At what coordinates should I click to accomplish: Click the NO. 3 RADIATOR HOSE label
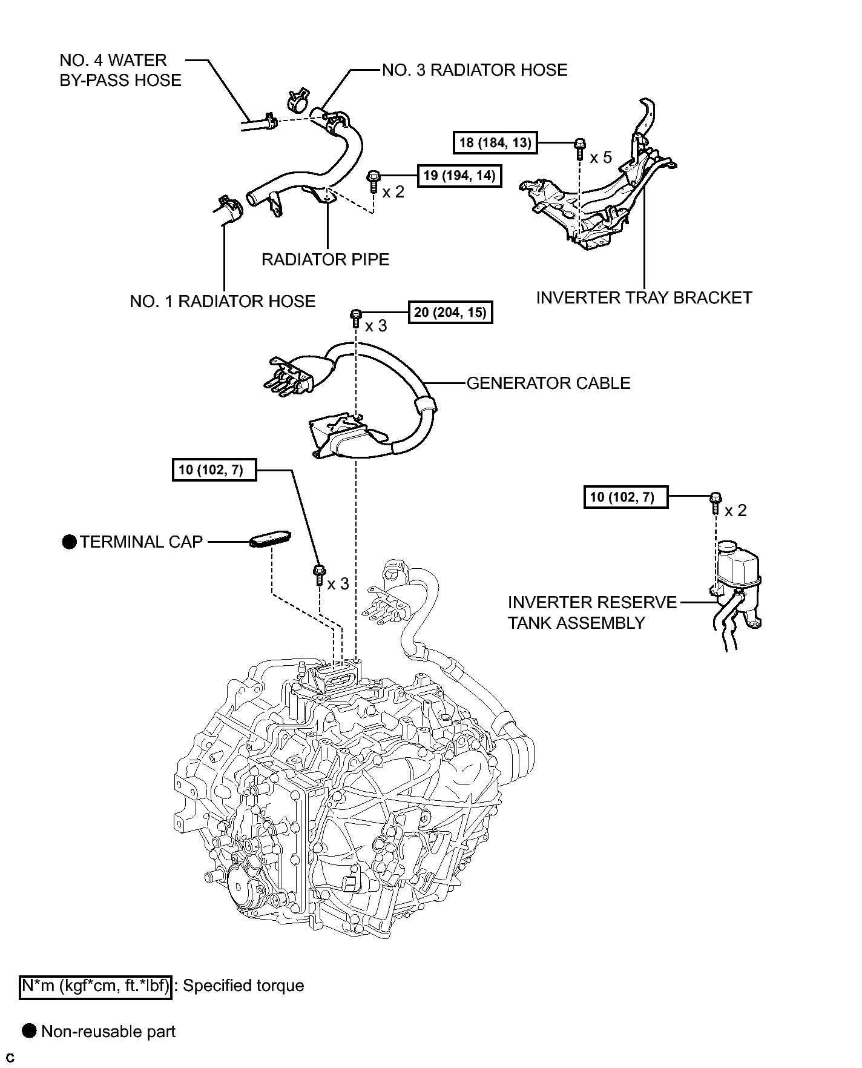point(475,70)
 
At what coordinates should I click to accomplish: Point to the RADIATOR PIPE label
point(325,259)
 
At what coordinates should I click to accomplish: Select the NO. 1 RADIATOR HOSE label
point(223,301)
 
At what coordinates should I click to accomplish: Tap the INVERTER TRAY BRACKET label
point(644,297)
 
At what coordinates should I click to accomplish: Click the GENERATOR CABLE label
point(548,383)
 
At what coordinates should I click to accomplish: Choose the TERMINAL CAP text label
point(141,542)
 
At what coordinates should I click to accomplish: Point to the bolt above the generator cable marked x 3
point(356,318)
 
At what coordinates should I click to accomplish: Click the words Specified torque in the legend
point(243,986)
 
